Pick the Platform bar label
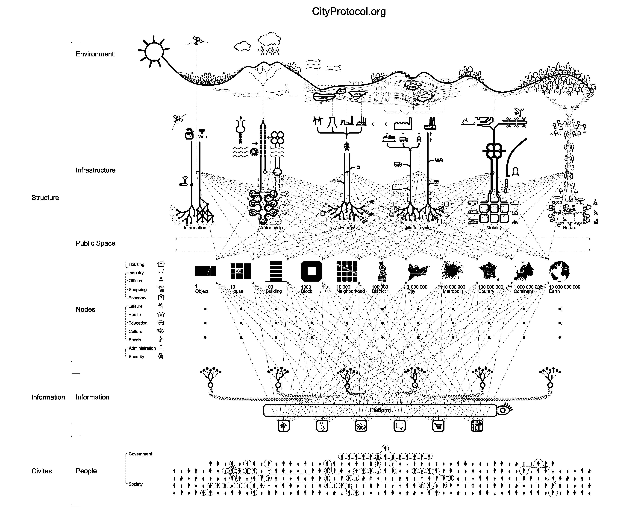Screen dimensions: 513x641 380,410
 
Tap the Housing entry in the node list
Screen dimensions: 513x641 136,264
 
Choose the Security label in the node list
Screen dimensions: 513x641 136,357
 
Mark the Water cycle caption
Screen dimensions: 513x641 271,228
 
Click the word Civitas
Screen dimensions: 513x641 42,471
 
